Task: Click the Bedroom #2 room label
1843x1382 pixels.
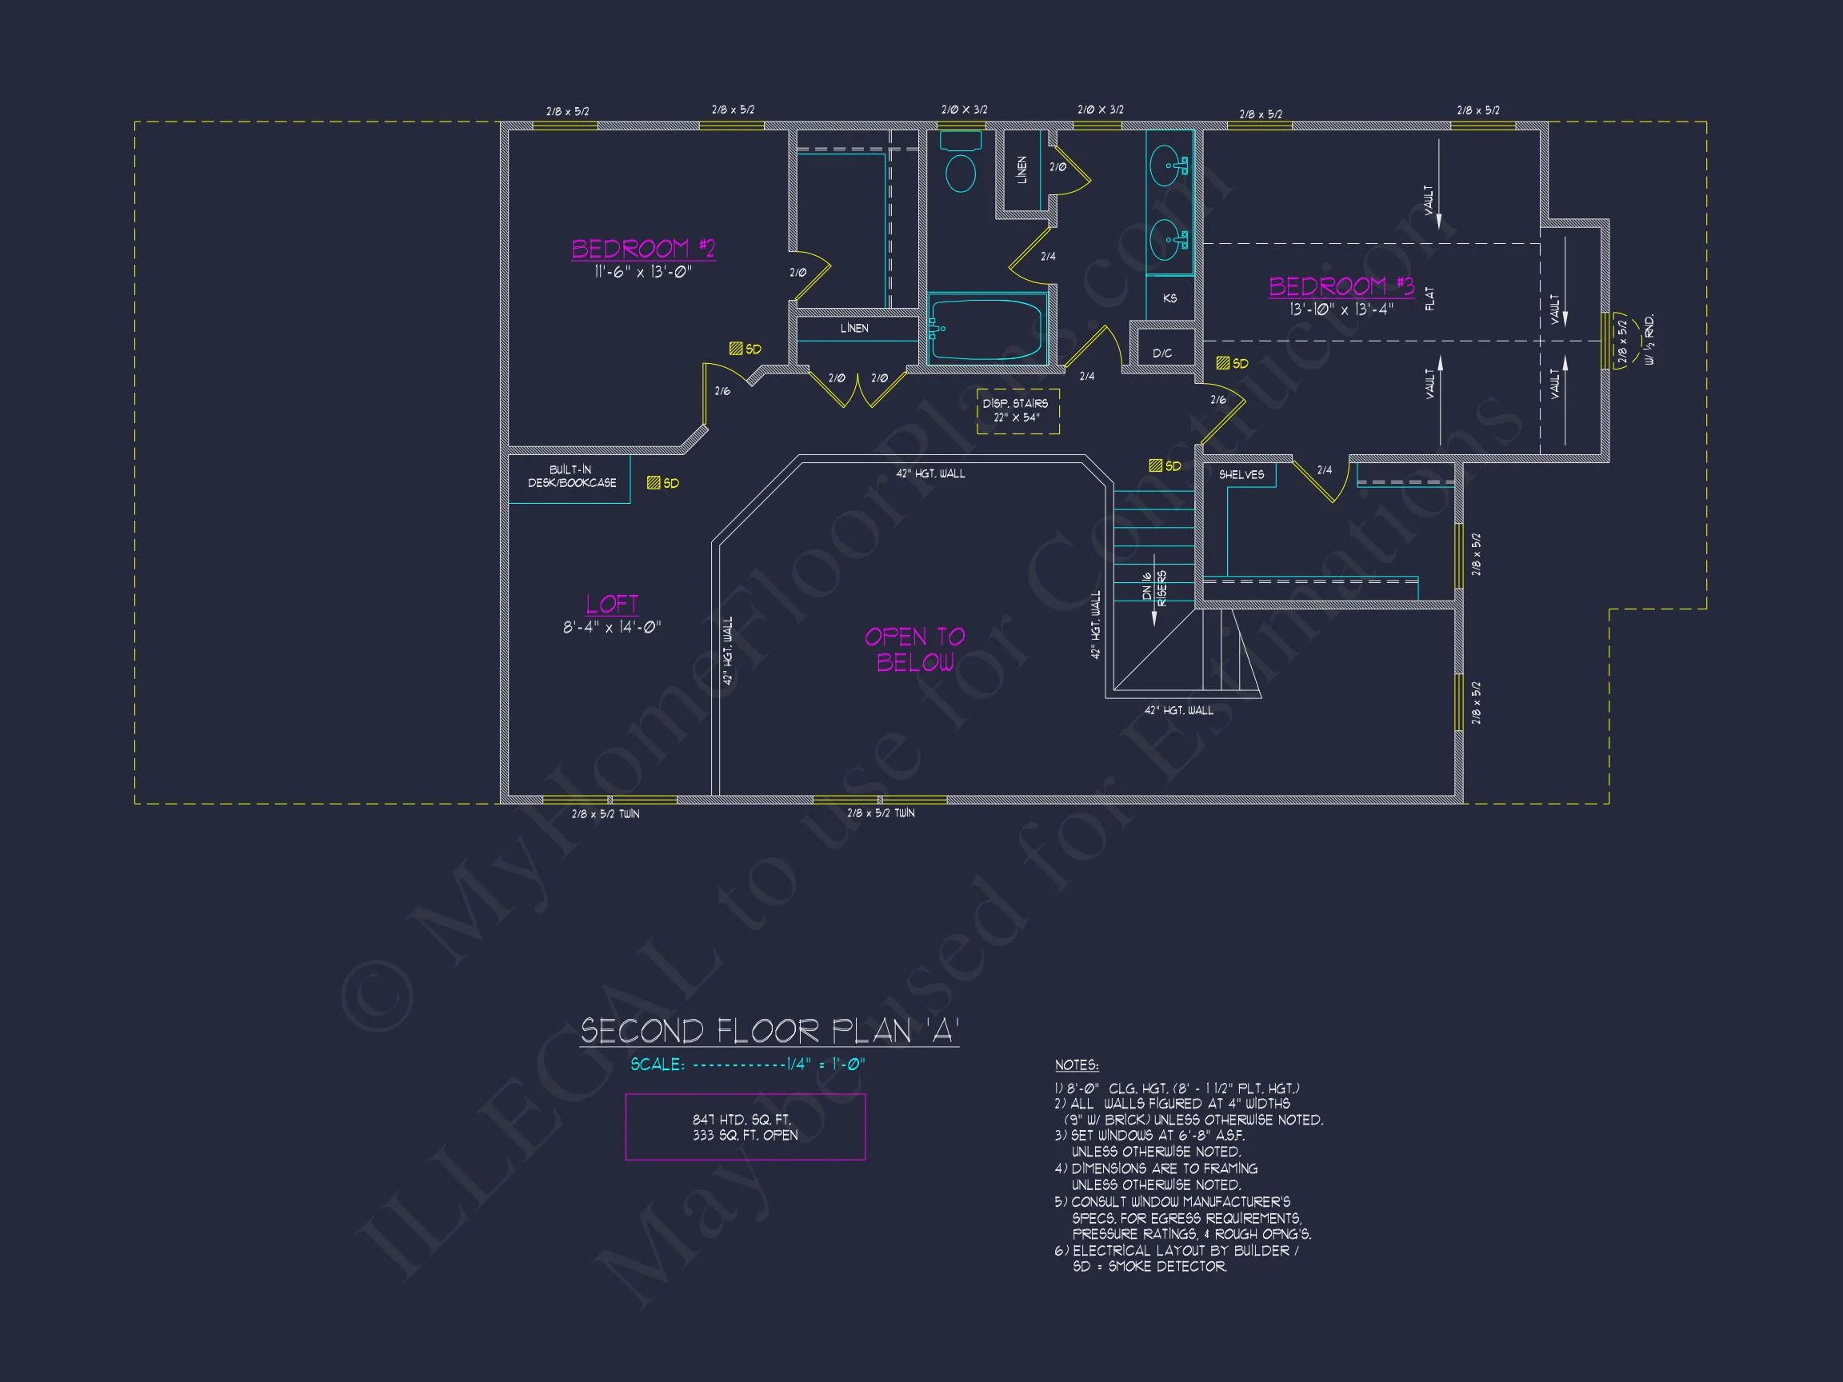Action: click(x=642, y=248)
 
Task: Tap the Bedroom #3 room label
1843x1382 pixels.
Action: click(x=1341, y=286)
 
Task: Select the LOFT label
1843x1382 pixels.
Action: click(x=612, y=604)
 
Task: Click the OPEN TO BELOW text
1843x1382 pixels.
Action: click(x=914, y=649)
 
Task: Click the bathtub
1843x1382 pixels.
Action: click(x=986, y=330)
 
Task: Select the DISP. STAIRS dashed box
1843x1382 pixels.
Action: click(x=1017, y=411)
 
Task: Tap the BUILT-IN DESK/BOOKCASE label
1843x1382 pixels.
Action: click(x=572, y=477)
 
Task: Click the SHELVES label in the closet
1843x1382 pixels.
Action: click(x=1241, y=475)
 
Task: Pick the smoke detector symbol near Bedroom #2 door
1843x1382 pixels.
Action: click(x=736, y=349)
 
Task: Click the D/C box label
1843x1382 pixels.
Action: click(x=1162, y=353)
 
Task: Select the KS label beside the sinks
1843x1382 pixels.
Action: click(x=1169, y=298)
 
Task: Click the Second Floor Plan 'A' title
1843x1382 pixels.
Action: click(x=769, y=1031)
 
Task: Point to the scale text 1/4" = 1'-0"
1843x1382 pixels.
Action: click(x=826, y=1064)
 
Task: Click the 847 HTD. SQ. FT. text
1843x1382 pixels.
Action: click(x=742, y=1120)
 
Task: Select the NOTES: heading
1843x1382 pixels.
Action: click(x=1077, y=1064)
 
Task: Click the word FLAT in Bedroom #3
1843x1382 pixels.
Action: click(x=1429, y=298)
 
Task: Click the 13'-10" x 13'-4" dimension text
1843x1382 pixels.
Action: click(x=1341, y=310)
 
